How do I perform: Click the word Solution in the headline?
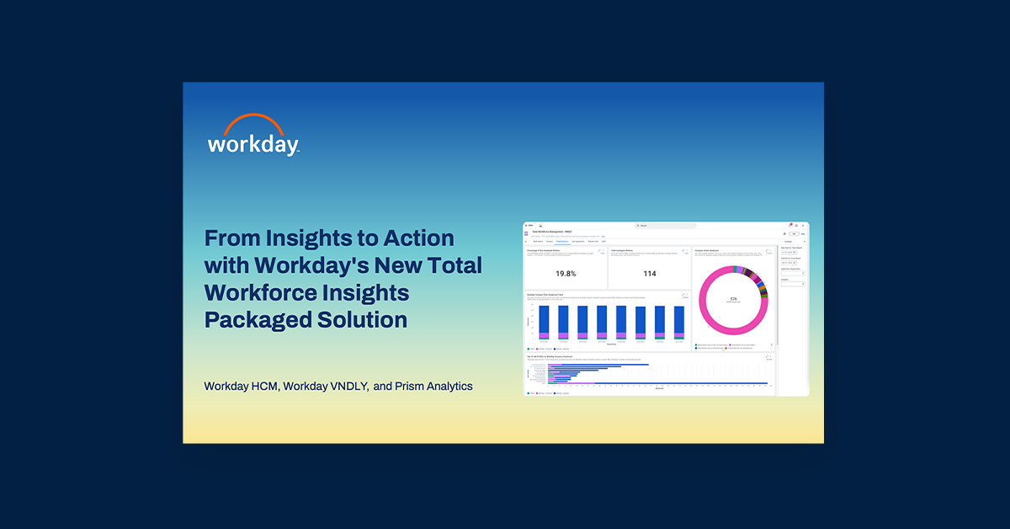click(x=364, y=320)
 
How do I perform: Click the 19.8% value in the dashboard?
click(x=566, y=274)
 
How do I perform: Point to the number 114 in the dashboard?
click(x=650, y=274)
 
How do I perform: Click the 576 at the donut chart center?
click(x=733, y=299)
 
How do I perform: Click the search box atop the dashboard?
click(x=666, y=226)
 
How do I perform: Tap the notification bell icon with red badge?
click(x=790, y=226)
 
